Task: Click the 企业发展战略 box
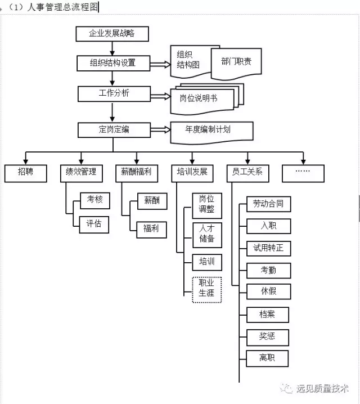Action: tap(112, 34)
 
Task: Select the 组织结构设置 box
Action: tap(113, 63)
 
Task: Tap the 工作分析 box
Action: tap(114, 94)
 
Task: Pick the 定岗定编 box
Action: tap(114, 130)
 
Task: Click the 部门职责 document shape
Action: tap(236, 62)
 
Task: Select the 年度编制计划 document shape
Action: tap(211, 132)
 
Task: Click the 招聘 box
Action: tap(26, 173)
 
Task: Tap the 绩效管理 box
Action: tap(82, 173)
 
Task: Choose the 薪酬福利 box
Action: tap(137, 173)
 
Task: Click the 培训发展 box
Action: tap(192, 173)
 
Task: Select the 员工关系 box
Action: tap(247, 173)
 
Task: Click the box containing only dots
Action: tap(303, 173)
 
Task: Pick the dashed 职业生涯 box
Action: tap(207, 290)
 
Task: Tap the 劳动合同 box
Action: tap(268, 204)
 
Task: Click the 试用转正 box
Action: tap(268, 248)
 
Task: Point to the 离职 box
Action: tap(267, 358)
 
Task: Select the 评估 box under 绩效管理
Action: tap(94, 225)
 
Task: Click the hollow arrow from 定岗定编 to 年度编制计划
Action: tap(160, 129)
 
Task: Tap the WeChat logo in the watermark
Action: tap(286, 388)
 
